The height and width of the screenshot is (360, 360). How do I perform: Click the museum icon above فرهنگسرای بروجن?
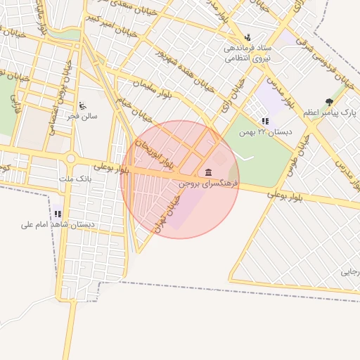pyautogui.click(x=208, y=172)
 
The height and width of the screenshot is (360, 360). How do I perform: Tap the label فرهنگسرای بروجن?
pyautogui.click(x=208, y=183)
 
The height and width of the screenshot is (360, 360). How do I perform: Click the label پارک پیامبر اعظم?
pyautogui.click(x=330, y=112)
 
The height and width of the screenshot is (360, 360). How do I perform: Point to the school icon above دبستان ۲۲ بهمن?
pyautogui.click(x=264, y=121)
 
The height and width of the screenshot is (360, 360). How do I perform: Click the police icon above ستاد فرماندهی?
pyautogui.click(x=247, y=37)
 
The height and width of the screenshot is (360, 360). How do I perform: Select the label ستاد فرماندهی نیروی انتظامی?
pyautogui.click(x=247, y=53)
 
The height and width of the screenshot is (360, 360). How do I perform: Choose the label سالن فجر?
pyautogui.click(x=84, y=116)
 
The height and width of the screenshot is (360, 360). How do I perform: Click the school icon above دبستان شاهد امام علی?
pyautogui.click(x=58, y=214)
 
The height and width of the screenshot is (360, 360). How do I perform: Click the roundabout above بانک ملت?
pyautogui.click(x=70, y=159)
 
